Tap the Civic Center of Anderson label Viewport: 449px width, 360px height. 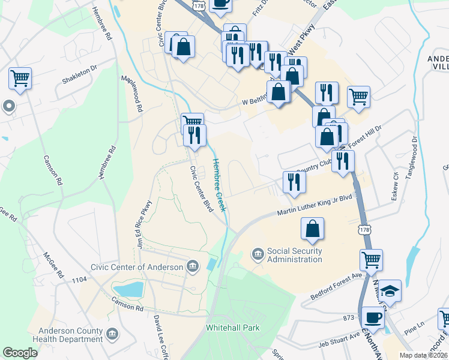[137, 267]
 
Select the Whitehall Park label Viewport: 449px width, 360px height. [232, 328]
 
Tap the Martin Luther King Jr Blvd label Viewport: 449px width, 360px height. [314, 205]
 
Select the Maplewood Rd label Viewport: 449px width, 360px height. [133, 94]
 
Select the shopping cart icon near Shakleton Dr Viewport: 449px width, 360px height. [20, 77]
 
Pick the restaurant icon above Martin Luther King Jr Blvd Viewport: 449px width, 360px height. [294, 182]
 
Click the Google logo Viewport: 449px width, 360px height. [20, 353]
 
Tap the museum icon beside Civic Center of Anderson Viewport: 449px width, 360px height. [193, 266]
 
